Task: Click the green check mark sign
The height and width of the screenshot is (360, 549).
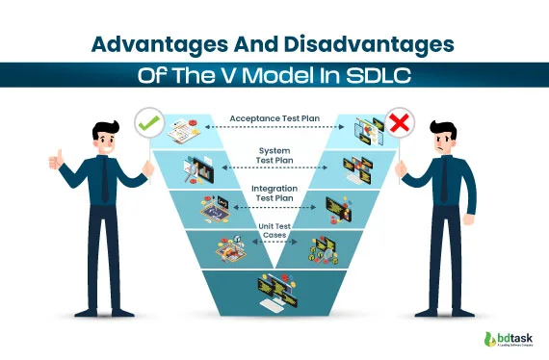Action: pos(147,123)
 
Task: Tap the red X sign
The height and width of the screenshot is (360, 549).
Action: pos(400,123)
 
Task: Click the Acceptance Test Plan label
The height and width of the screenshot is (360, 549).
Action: pos(274,119)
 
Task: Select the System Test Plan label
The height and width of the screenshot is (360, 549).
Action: pos(274,156)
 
